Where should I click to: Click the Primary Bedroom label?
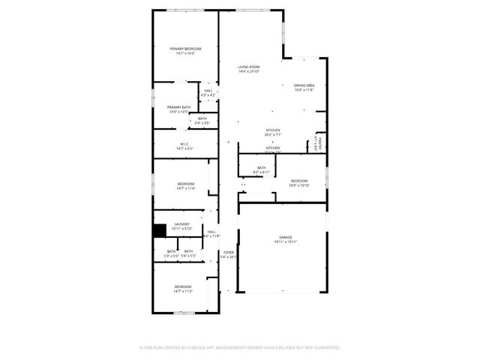185,49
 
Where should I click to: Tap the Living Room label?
249,67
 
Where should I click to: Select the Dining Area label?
304,85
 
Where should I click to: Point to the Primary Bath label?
178,107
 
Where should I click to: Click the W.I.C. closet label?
184,144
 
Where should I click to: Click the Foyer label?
229,252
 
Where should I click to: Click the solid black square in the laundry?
159,231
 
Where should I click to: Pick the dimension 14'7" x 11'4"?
186,188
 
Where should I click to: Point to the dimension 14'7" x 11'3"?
184,291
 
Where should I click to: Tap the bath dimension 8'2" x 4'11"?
262,172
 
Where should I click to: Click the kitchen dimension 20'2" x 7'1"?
273,135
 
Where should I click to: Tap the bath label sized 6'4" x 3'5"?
202,121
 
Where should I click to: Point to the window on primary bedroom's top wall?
185,10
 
